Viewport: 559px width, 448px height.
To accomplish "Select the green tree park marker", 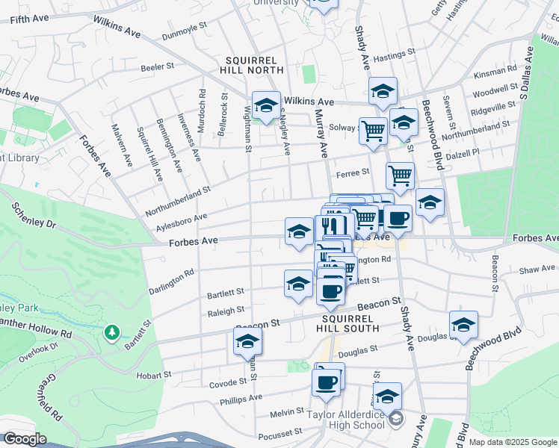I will [x=112, y=331].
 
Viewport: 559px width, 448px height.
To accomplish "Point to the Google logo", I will [x=25, y=439].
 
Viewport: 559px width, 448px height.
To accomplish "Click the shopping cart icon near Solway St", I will [x=373, y=131].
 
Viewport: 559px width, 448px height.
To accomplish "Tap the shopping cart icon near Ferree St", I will [x=400, y=175].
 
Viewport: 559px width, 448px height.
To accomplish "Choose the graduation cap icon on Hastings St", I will [x=383, y=91].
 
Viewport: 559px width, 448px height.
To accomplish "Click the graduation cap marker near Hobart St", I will [x=247, y=343].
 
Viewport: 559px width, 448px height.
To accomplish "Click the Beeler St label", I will [x=157, y=66].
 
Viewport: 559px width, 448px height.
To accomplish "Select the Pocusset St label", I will [x=278, y=432].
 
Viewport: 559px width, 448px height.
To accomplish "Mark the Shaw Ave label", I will [x=537, y=268].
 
